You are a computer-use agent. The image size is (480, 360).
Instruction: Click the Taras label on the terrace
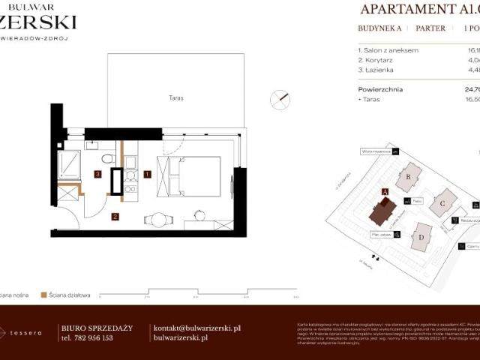click(176, 98)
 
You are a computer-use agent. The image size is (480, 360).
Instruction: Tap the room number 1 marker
click(148, 174)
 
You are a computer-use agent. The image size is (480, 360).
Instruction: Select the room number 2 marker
click(115, 217)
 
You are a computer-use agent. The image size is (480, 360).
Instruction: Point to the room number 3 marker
click(97, 174)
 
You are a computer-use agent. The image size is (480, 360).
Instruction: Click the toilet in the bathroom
click(108, 158)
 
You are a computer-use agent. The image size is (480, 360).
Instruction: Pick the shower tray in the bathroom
click(70, 165)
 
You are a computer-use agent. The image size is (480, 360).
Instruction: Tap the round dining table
click(158, 220)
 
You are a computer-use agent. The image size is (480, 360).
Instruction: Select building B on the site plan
click(409, 177)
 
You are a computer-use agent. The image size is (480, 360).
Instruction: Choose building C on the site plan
click(443, 202)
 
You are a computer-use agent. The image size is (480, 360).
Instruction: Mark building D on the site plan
click(421, 238)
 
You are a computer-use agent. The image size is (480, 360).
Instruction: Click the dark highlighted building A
click(382, 211)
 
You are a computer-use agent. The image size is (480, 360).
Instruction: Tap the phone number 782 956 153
click(87, 338)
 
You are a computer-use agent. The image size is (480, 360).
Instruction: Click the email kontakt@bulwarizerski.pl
click(196, 328)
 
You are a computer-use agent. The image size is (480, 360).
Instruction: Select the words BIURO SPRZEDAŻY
click(96, 328)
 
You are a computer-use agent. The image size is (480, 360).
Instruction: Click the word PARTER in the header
click(430, 28)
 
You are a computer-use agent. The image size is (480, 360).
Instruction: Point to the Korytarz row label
click(379, 61)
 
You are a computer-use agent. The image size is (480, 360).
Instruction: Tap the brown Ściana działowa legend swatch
click(44, 295)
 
